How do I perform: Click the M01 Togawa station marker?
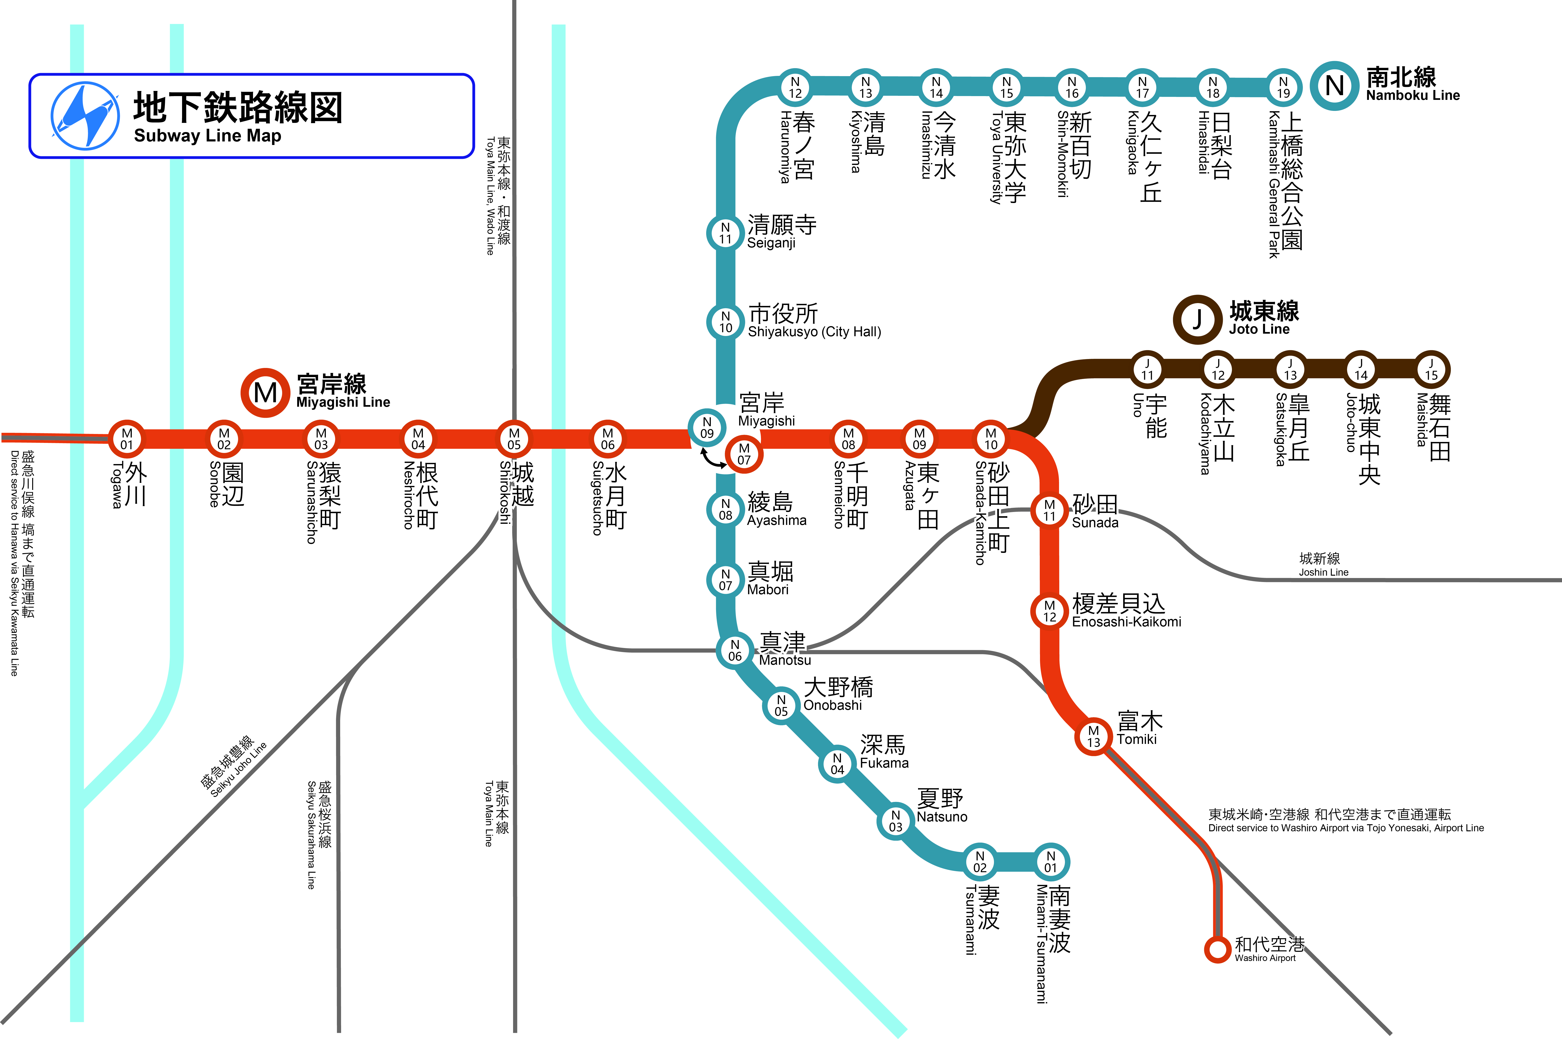(x=127, y=439)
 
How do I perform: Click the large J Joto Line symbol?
(x=1197, y=319)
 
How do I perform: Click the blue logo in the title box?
(x=86, y=116)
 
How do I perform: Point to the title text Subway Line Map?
(x=207, y=136)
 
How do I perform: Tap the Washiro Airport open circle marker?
(x=1217, y=949)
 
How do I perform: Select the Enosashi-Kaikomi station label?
(x=1126, y=621)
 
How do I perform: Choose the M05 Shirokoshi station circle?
(x=514, y=439)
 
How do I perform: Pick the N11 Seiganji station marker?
(x=725, y=233)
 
